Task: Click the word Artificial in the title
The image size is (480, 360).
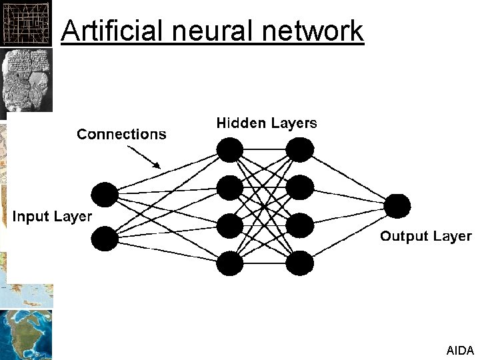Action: [106, 31]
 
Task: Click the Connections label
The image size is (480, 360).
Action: [121, 135]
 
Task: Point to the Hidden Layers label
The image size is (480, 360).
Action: [266, 123]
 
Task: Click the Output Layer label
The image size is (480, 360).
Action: [425, 236]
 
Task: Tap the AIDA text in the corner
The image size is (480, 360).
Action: [460, 349]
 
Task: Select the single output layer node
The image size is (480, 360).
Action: [397, 206]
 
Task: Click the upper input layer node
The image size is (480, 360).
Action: [105, 194]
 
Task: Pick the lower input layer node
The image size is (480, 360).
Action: [105, 239]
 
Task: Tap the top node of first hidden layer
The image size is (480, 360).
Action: [230, 150]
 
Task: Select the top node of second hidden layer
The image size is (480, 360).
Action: [299, 150]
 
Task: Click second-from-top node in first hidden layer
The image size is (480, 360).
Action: [230, 187]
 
